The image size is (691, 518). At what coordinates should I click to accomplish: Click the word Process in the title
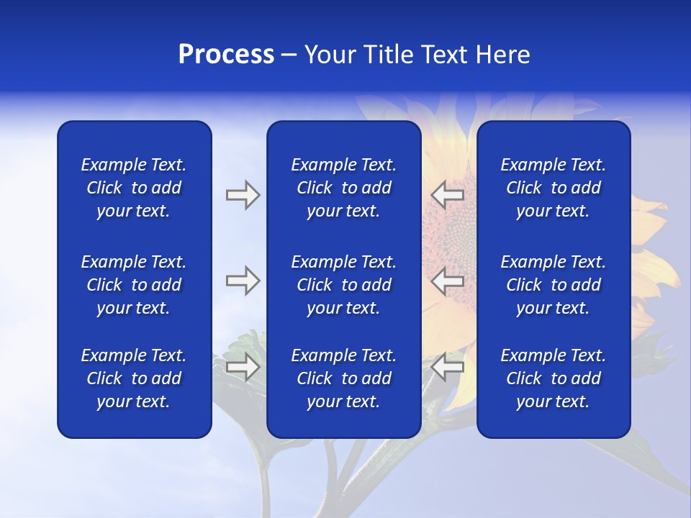click(226, 55)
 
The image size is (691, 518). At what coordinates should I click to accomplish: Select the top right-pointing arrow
click(243, 195)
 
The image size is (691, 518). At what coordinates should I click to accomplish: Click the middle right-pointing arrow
click(243, 281)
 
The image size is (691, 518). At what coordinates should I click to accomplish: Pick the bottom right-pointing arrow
click(243, 367)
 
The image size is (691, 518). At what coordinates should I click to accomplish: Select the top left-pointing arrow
click(448, 195)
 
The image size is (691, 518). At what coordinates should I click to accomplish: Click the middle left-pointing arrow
click(448, 281)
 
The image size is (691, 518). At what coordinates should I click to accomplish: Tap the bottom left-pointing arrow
click(448, 367)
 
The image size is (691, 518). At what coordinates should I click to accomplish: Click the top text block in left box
click(134, 188)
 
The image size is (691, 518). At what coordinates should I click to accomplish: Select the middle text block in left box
click(134, 285)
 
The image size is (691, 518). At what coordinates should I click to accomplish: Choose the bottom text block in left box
click(134, 378)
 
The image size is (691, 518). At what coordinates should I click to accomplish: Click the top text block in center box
click(343, 188)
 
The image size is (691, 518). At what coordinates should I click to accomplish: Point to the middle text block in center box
click(343, 285)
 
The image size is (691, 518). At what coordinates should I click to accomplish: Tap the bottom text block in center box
click(343, 378)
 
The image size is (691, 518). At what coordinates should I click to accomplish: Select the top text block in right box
click(553, 188)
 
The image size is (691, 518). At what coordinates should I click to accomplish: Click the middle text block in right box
click(553, 285)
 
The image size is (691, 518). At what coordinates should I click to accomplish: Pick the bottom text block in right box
click(553, 378)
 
